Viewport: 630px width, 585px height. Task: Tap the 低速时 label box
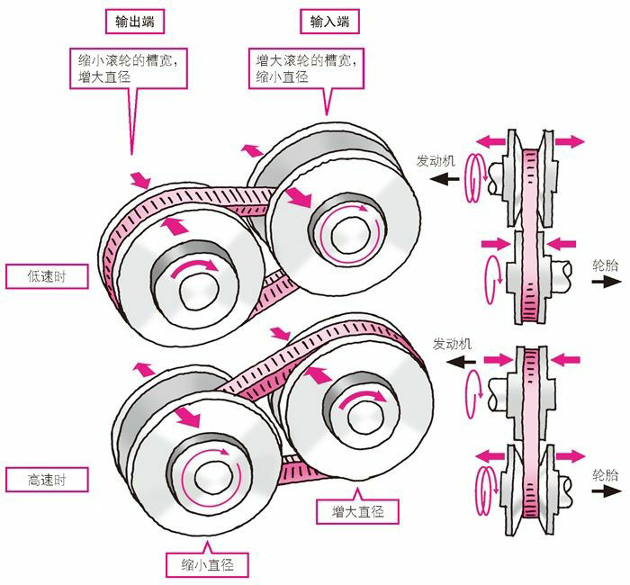click(x=47, y=276)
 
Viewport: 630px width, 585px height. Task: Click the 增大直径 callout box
click(x=352, y=511)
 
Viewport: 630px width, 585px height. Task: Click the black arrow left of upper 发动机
click(x=441, y=178)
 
